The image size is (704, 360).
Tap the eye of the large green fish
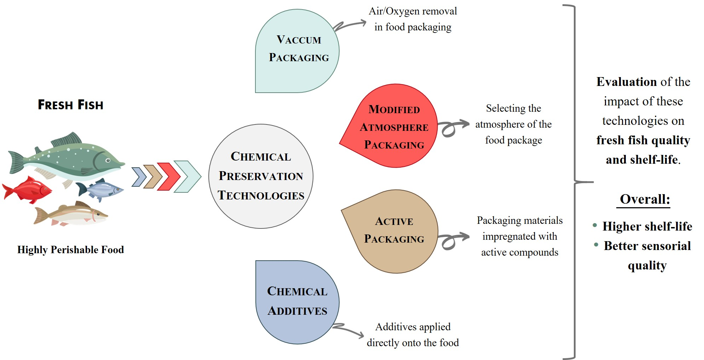pos(108,161)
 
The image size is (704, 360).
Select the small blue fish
pos(101,190)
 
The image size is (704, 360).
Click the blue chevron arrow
pos(139,177)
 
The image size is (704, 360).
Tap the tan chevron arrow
pos(153,176)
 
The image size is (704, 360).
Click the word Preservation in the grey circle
pos(261,176)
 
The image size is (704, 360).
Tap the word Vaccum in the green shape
pos(299,40)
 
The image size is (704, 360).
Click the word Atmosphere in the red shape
pos(394,127)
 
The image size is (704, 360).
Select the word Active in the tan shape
pos(394,221)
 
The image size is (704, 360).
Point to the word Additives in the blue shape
pos(297,311)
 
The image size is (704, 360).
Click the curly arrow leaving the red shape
pos(453,128)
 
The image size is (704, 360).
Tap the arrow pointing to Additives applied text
pos(348,330)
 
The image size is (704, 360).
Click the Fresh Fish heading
pos(70,105)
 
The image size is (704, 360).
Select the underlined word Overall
pos(645,199)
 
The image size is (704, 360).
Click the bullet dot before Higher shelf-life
pos(595,225)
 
